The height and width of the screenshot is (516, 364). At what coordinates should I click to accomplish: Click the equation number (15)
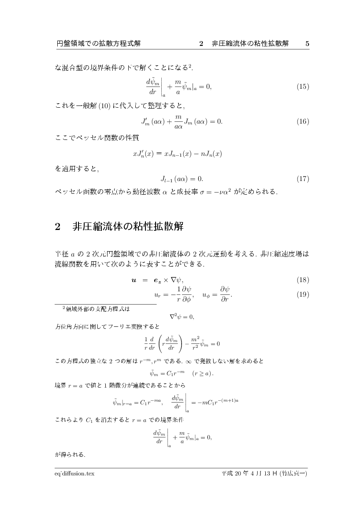303,87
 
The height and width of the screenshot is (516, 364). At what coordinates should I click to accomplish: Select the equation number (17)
303,179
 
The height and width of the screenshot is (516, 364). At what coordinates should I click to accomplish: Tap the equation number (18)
303,280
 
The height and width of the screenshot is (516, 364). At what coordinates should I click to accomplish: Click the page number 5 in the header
307,44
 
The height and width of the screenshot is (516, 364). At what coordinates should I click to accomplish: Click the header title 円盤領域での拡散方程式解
99,44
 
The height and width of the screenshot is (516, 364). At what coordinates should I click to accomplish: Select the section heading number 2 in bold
57,227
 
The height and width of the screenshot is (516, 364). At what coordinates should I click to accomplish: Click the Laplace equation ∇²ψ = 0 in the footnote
182,317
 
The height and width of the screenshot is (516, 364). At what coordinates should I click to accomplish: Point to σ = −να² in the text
214,192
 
